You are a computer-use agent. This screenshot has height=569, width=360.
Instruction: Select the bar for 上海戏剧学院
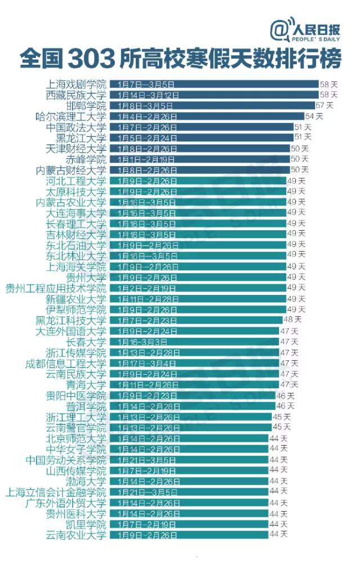[214, 84]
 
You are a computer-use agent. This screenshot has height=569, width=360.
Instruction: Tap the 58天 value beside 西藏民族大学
[328, 95]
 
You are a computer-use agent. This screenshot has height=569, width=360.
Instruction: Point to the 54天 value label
[314, 117]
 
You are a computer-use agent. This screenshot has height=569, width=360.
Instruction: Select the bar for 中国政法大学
[201, 127]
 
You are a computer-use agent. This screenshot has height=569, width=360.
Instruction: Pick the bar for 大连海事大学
[197, 213]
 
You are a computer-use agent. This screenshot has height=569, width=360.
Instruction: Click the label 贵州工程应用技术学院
[55, 288]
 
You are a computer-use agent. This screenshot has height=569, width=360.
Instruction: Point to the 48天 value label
[292, 320]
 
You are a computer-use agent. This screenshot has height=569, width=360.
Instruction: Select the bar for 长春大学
[193, 342]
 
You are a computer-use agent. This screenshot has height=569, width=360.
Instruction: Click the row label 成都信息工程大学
[65, 363]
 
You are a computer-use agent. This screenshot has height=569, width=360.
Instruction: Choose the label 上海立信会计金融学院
[55, 491]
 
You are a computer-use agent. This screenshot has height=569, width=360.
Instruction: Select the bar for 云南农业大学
[188, 535]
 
